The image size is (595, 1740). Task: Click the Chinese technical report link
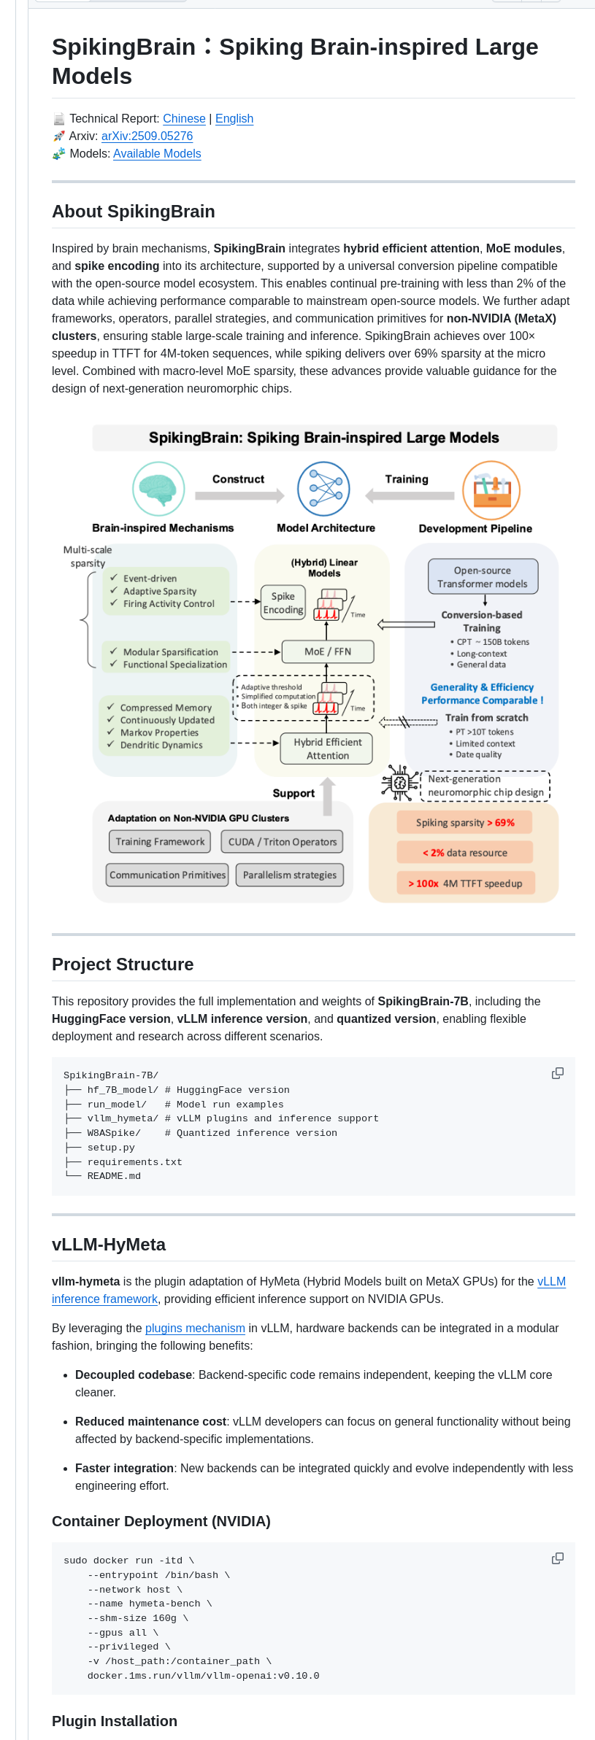(x=184, y=119)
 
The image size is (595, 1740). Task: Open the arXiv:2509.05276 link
(x=147, y=136)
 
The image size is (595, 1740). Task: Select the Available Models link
(x=157, y=154)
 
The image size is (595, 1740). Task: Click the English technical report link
(x=234, y=119)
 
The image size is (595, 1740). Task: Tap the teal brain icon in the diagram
(x=158, y=489)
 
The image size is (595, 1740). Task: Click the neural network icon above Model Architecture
(x=323, y=489)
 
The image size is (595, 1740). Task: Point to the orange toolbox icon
(x=491, y=490)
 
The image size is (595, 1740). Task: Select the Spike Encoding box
(x=283, y=603)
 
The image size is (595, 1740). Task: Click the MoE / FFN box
(x=328, y=651)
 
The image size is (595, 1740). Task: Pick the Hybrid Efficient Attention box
(x=327, y=749)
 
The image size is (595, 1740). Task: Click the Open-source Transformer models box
(x=483, y=577)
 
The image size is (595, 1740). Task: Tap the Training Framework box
(x=160, y=841)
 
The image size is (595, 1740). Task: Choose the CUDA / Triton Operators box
(x=283, y=841)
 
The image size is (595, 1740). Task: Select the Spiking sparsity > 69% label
(x=465, y=822)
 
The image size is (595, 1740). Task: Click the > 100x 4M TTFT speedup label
(x=465, y=883)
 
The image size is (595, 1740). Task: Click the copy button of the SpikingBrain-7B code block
(x=557, y=1073)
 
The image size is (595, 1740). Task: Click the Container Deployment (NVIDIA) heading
(x=161, y=1521)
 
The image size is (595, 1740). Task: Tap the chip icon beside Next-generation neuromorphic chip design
(x=399, y=783)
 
